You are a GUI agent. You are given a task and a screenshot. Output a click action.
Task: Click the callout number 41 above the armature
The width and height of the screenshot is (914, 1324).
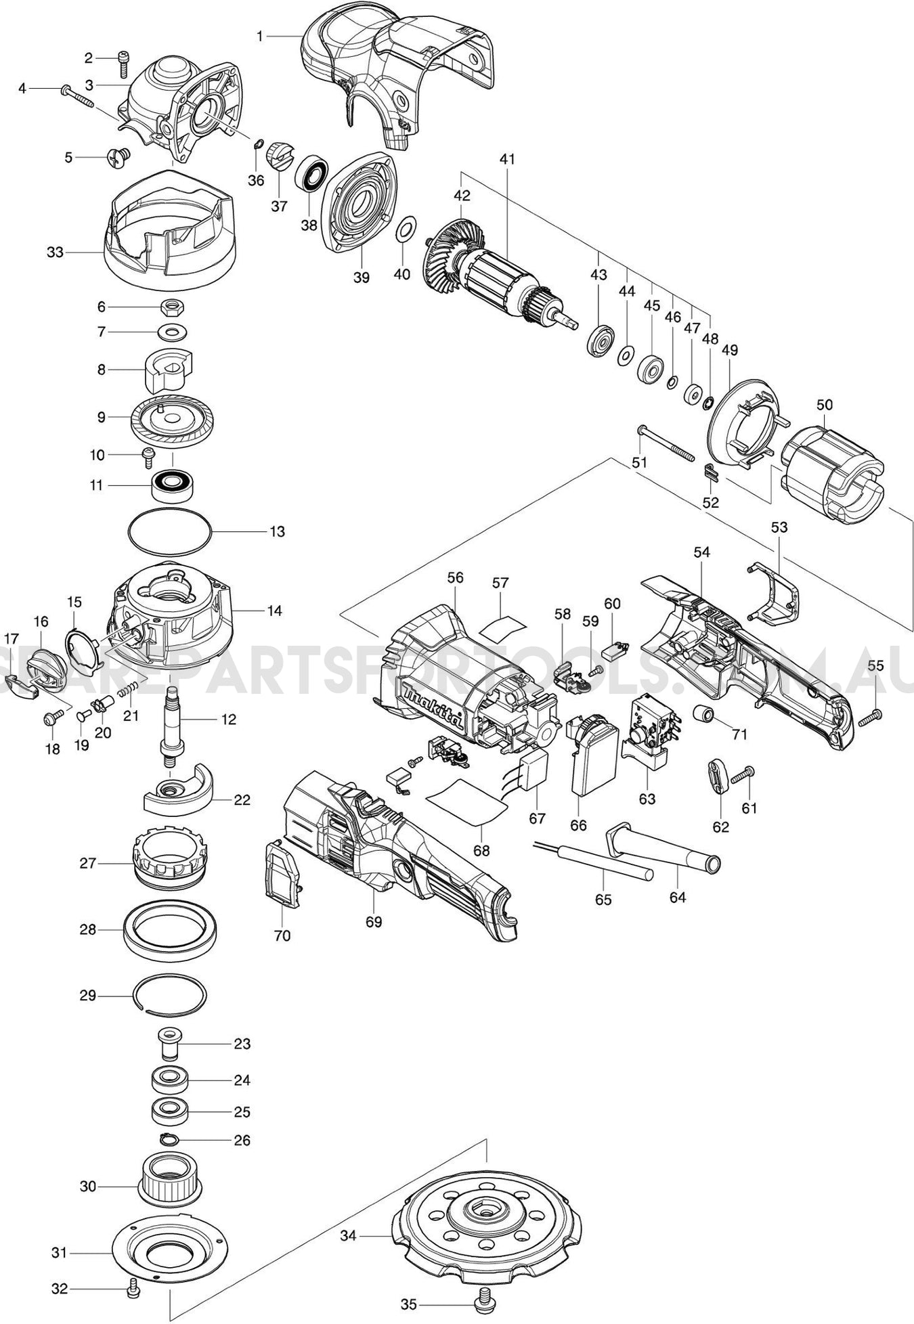pos(507,159)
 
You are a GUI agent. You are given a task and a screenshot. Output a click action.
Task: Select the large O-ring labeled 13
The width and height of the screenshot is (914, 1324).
pos(170,532)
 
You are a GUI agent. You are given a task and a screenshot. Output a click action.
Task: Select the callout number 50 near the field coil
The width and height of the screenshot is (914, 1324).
pos(824,405)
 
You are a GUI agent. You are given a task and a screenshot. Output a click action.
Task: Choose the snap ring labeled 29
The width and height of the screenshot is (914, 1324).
pos(170,996)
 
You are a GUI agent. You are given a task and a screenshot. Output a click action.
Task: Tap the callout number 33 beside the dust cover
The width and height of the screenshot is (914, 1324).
pos(55,252)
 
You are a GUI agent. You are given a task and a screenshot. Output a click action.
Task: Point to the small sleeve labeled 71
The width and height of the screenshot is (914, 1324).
pos(705,713)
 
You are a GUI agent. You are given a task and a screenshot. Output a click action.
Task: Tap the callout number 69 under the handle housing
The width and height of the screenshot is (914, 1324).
pos(374,921)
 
